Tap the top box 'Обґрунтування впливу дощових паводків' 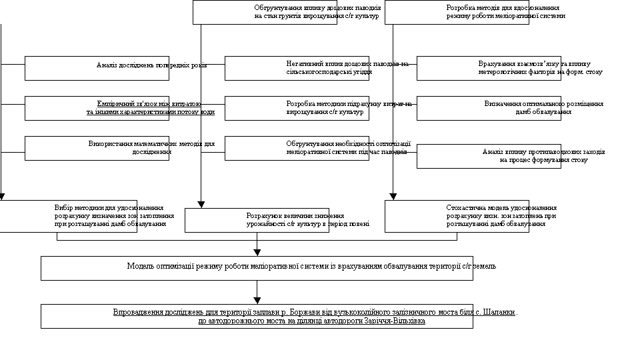click(x=265, y=12)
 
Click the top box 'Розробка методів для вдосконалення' click(x=457, y=12)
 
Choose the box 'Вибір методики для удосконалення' click(x=68, y=216)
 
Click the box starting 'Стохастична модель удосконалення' click(x=457, y=216)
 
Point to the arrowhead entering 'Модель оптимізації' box click(x=257, y=252)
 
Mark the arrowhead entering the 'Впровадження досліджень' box click(x=257, y=301)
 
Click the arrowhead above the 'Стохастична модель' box click(x=393, y=197)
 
